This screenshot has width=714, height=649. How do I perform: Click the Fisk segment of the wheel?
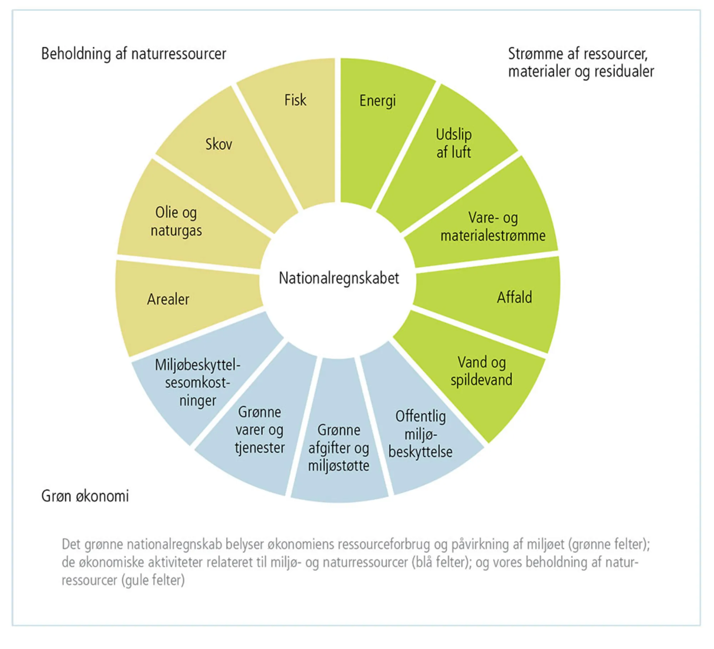(x=295, y=118)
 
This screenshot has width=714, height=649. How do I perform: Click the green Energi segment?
(x=378, y=118)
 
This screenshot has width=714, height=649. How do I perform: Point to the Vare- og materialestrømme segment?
(x=493, y=227)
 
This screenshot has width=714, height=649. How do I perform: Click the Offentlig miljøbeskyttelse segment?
(x=421, y=434)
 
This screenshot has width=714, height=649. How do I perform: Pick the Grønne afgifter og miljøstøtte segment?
(x=339, y=448)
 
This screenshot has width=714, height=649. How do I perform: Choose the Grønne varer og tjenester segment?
(x=260, y=430)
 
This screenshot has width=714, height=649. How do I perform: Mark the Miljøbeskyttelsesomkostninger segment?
(x=197, y=383)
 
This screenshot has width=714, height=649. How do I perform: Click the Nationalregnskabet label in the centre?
(x=339, y=278)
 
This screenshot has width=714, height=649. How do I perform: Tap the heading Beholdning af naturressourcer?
(x=134, y=54)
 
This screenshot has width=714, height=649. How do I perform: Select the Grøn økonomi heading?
(x=85, y=496)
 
